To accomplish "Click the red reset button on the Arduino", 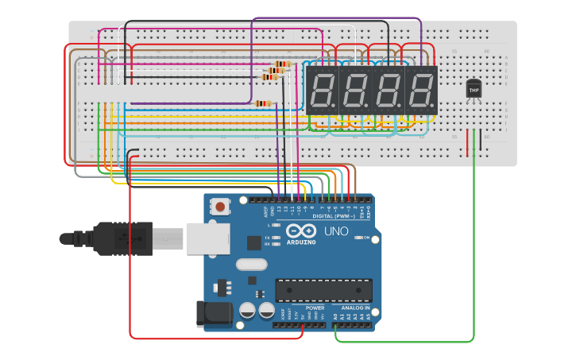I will point(220,207).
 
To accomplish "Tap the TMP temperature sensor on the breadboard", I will point(474,89).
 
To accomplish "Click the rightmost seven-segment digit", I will point(421,90).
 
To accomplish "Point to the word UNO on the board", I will point(336,231).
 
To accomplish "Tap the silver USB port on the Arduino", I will point(207,238).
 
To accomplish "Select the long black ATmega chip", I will point(323,290).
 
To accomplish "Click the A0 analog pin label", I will point(335,315).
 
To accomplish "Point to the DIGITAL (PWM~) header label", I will point(333,216).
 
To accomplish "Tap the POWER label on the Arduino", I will point(315,308).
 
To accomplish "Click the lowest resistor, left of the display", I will point(263,103).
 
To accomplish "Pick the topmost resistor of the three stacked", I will point(283,64).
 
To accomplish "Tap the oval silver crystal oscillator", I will point(252,265).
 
